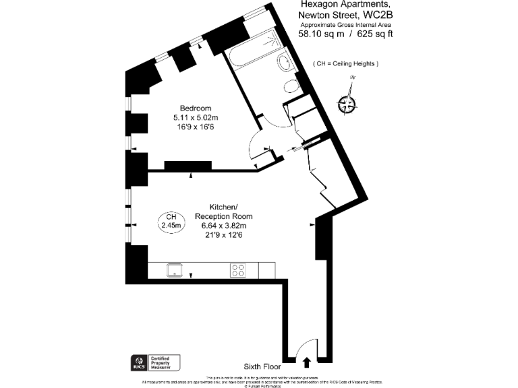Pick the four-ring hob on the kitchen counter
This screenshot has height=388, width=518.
(x=238, y=269)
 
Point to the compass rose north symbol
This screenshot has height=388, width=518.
(x=349, y=102)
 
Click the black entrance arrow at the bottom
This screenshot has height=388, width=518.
(x=308, y=362)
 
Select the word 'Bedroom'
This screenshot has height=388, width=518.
(x=196, y=108)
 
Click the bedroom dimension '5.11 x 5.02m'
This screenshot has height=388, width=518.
(x=196, y=118)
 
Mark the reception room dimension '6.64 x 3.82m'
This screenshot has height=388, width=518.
(x=223, y=226)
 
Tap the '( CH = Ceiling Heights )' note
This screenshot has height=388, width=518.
(x=346, y=63)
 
